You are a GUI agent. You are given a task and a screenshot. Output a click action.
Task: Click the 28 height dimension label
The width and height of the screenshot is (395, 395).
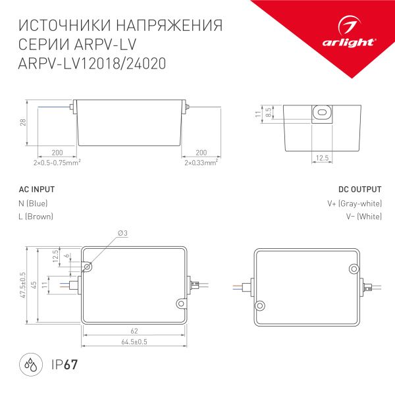(22, 123)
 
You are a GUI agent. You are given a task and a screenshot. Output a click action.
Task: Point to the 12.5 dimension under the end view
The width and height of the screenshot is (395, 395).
(321, 158)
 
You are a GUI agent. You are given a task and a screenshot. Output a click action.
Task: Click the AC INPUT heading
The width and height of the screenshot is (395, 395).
(36, 190)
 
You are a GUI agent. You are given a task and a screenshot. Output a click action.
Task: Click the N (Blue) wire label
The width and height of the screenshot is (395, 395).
(34, 203)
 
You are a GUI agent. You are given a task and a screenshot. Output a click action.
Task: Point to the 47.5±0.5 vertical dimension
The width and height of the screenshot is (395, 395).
(23, 285)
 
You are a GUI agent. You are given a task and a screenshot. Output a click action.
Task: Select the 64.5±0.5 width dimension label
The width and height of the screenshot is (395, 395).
(134, 343)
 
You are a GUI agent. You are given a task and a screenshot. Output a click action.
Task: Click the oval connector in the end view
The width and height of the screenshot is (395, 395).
(321, 113)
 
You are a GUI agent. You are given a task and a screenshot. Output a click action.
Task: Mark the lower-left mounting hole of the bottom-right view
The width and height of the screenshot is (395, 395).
(261, 305)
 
